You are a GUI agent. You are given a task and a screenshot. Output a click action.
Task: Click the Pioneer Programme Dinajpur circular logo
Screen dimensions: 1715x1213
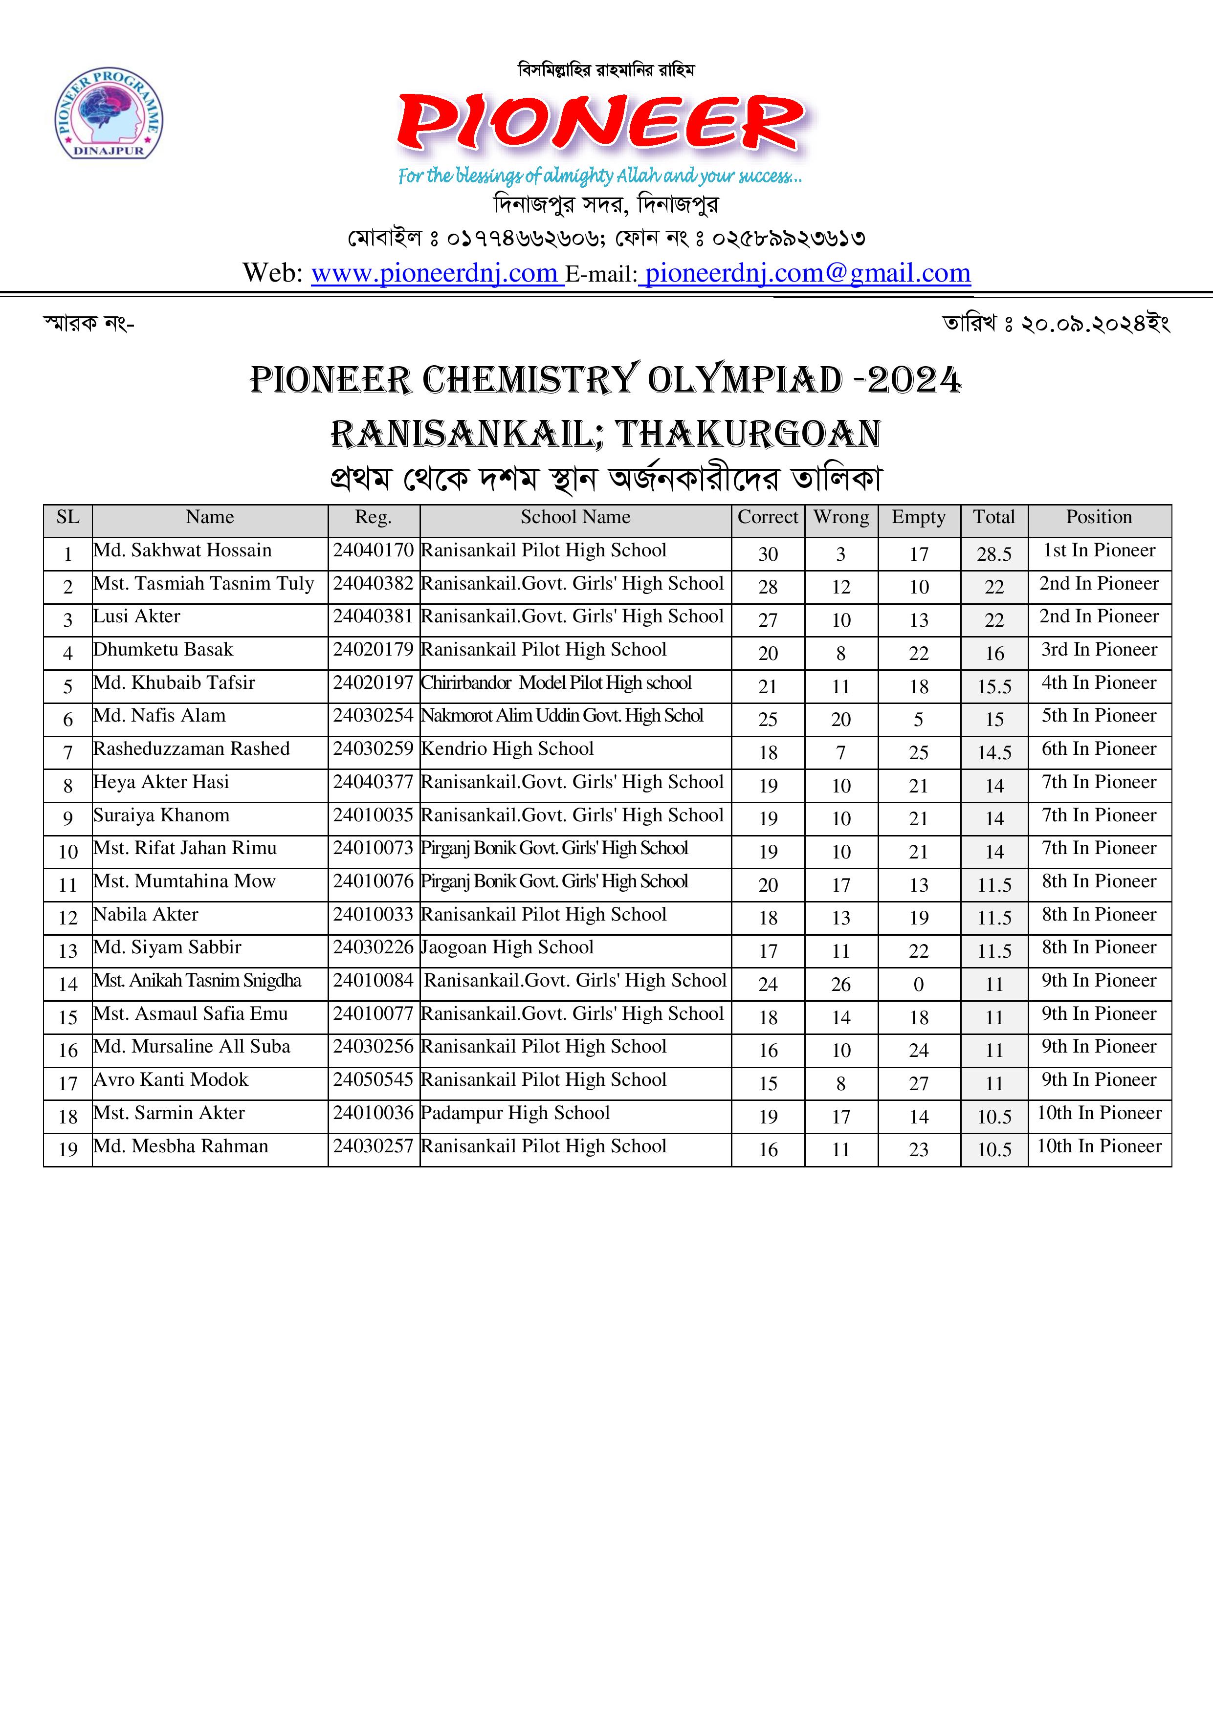109,114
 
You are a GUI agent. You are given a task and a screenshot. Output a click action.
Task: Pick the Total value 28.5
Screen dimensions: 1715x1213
993,554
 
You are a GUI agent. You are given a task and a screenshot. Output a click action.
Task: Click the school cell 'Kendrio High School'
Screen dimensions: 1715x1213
507,749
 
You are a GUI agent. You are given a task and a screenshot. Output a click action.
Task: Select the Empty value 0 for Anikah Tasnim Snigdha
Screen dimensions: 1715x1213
918,985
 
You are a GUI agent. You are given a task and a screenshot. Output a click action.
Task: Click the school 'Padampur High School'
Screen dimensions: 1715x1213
515,1113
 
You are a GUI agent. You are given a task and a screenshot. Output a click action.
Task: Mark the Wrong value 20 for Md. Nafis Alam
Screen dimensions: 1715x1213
840,719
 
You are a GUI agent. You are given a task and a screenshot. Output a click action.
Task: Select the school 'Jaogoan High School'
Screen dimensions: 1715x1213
507,948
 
